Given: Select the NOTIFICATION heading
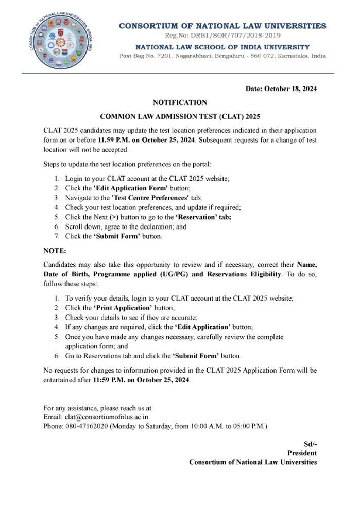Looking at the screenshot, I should (180, 102).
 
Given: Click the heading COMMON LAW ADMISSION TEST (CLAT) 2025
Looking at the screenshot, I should (180, 116).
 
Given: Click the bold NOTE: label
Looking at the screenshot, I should (55, 251).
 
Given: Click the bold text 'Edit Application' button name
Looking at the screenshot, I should (203, 327).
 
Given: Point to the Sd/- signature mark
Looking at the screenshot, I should (310, 444).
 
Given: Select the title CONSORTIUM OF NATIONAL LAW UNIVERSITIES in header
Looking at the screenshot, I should (222, 25).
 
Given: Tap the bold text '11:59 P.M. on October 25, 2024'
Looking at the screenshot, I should (141, 380).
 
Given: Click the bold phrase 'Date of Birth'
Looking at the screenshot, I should (65, 274).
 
